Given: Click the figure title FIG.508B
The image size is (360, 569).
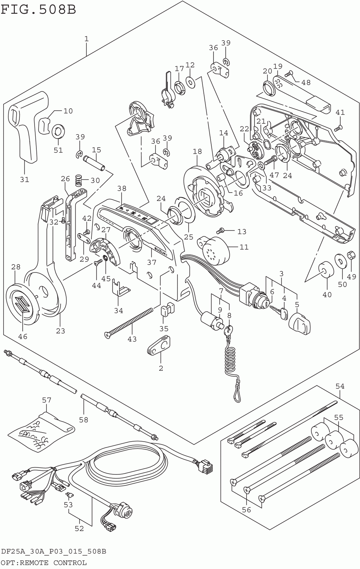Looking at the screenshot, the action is click(x=39, y=10).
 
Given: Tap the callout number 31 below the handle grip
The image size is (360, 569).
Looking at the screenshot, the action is click(x=24, y=180).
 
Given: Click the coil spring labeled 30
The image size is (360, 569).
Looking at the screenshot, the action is click(x=79, y=181).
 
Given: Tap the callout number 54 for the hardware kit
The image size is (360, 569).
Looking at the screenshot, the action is click(x=340, y=387).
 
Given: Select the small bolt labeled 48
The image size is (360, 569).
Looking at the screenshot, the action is click(x=289, y=74).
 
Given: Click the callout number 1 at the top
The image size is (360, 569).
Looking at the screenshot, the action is click(x=86, y=39).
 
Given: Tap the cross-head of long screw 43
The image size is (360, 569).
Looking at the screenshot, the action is click(x=107, y=335).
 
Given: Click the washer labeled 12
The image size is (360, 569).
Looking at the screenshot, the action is click(x=190, y=82).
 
